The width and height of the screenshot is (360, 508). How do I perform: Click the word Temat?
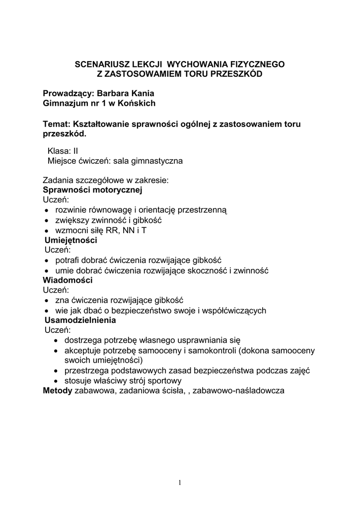point(57,124)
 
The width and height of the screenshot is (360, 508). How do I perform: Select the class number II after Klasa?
point(75,151)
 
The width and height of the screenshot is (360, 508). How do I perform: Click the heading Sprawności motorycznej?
point(92,190)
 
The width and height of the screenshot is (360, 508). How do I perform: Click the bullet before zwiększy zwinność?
point(46,220)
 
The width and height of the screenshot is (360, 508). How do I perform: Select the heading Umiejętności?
point(71,240)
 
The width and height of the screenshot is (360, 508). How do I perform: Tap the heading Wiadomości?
point(68,280)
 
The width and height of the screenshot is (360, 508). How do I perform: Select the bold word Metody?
point(58,391)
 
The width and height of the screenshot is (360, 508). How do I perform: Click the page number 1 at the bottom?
point(180,483)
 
